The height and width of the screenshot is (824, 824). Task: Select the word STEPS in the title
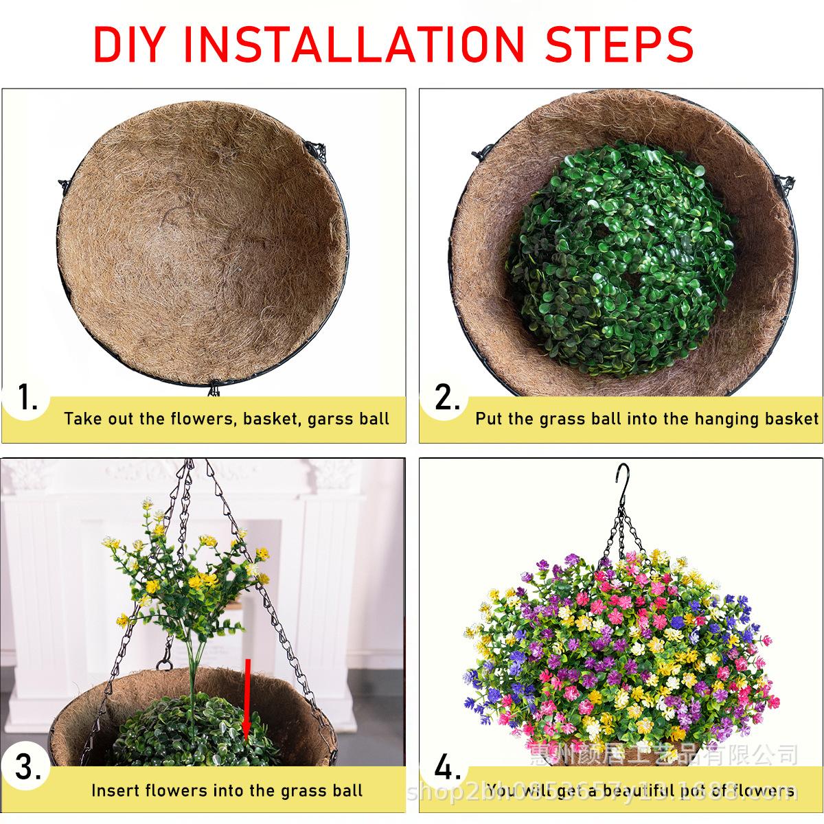coord(620,45)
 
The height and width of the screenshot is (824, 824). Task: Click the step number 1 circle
coord(26,398)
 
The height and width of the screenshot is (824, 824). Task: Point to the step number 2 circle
coord(446,398)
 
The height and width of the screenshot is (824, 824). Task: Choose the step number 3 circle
coord(26,768)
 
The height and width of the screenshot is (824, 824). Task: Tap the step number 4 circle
coord(446,768)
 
